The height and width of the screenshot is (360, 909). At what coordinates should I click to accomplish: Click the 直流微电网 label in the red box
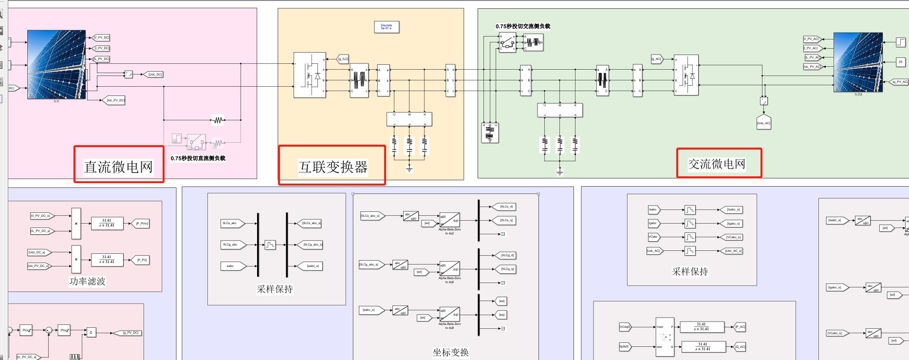point(118,167)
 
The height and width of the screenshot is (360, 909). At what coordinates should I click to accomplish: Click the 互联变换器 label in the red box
point(333,167)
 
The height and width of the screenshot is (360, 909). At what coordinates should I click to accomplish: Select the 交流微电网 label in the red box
point(717,164)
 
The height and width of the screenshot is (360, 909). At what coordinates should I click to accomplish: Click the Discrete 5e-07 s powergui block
point(387,27)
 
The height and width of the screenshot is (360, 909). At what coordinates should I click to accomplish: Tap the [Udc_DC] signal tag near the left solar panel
point(155,75)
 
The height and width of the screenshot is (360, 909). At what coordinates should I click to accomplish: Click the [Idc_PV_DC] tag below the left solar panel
point(116,100)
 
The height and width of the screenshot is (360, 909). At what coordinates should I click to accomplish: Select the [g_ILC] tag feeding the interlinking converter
point(343,59)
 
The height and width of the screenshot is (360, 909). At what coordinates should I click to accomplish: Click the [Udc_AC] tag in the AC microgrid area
point(763,123)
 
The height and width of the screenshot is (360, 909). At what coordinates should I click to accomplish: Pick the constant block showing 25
point(900,62)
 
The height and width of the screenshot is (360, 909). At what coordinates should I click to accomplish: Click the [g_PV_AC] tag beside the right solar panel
point(900,82)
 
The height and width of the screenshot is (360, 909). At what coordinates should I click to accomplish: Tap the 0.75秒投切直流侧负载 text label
point(198,158)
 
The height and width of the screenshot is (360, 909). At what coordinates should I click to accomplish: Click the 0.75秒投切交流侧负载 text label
point(523,26)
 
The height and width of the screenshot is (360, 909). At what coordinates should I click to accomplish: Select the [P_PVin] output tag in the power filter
point(142,224)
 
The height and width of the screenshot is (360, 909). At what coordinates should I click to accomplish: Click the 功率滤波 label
point(87,281)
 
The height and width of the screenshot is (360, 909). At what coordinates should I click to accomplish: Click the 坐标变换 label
point(450,352)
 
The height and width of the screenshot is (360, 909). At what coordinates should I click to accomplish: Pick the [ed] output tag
point(501,301)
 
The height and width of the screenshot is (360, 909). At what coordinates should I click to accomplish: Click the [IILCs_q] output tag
point(507,220)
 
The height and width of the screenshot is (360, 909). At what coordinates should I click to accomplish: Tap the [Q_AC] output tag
point(740,347)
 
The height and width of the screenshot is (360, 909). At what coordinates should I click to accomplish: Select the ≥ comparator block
point(91,332)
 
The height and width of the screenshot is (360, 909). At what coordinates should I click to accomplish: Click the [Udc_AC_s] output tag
point(733,251)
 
